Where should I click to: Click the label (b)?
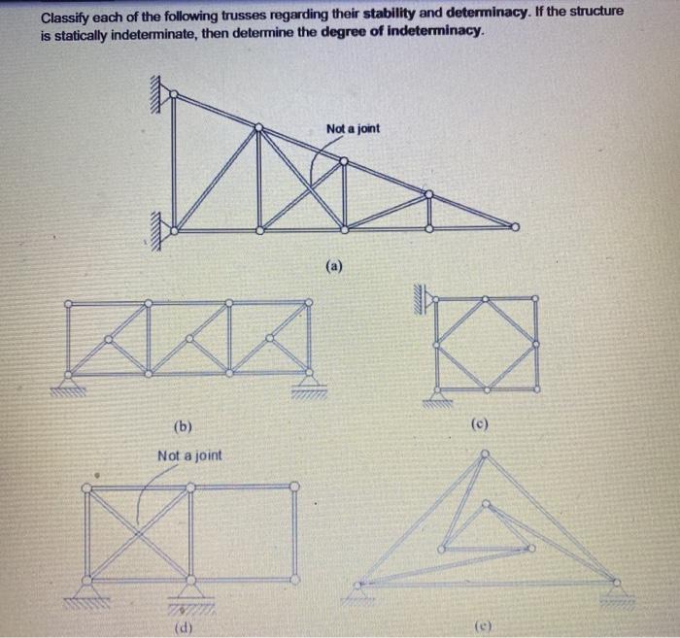(182, 426)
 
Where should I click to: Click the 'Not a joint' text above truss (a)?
(354, 129)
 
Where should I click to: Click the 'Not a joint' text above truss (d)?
(189, 454)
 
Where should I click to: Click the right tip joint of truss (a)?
(515, 227)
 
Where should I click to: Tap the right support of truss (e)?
(616, 588)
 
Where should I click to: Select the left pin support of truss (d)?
(88, 586)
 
